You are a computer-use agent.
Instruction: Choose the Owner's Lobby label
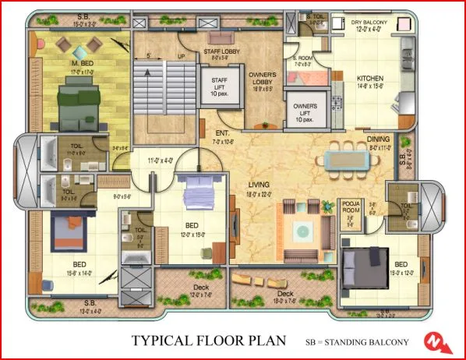[263, 79]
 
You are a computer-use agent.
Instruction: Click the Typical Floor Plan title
[207, 341]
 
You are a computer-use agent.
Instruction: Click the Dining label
[380, 140]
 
